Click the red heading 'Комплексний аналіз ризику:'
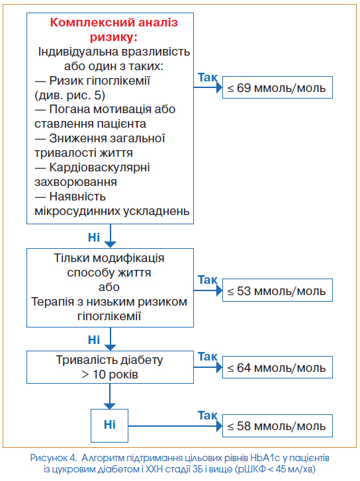(x=114, y=30)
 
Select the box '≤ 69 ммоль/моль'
(x=277, y=87)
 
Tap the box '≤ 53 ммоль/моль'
(x=277, y=290)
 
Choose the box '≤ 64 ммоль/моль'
(x=277, y=367)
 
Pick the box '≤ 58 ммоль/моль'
(x=277, y=426)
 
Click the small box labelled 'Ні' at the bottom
(x=110, y=425)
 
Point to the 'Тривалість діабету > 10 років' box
(x=110, y=367)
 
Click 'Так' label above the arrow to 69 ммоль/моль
(x=208, y=77)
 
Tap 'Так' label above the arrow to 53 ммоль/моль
(x=208, y=280)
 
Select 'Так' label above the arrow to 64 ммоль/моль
(x=208, y=357)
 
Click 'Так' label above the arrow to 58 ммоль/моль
(x=208, y=415)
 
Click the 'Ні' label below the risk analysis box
(x=94, y=237)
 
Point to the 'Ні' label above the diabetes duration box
(x=94, y=340)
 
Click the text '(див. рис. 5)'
(x=70, y=95)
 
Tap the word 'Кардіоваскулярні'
(x=99, y=167)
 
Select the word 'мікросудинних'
(x=77, y=211)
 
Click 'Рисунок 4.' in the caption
(x=54, y=458)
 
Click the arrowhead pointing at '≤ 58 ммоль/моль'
(x=219, y=426)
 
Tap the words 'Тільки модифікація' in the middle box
(x=109, y=258)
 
